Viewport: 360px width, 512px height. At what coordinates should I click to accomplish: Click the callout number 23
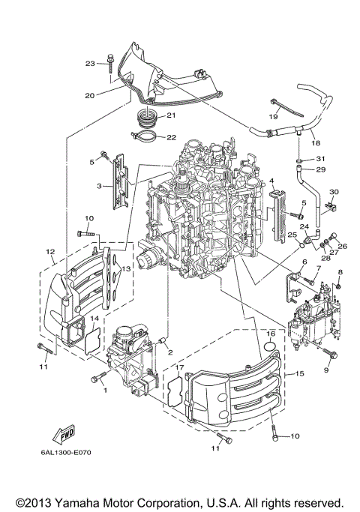90,64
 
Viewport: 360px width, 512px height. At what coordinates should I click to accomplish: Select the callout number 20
90,95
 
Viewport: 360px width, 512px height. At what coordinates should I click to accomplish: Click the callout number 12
50,251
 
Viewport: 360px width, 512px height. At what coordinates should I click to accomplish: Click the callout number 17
180,368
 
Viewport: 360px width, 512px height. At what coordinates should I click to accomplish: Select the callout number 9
326,370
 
